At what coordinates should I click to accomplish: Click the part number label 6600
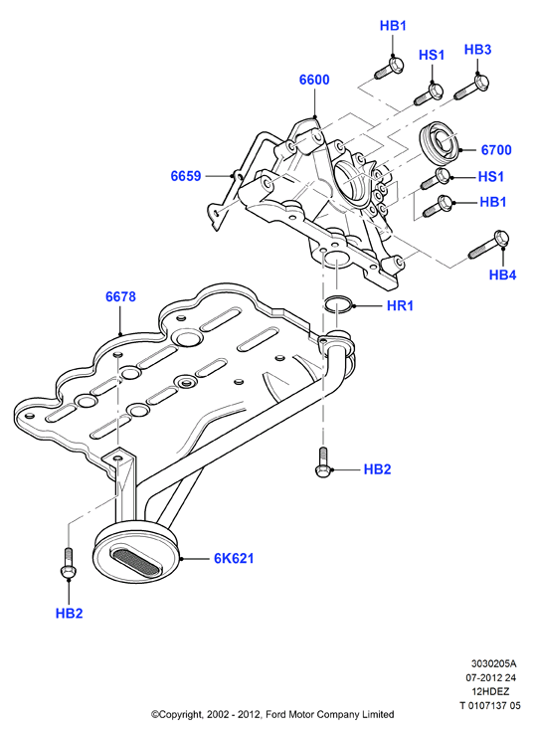pyautogui.click(x=314, y=80)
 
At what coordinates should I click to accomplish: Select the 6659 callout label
pyautogui.click(x=186, y=176)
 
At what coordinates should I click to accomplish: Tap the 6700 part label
pyautogui.click(x=496, y=150)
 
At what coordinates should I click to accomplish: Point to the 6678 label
pyautogui.click(x=120, y=296)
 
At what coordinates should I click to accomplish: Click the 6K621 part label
pyautogui.click(x=234, y=558)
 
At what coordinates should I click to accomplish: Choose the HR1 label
pyautogui.click(x=400, y=305)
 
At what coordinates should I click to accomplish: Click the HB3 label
pyautogui.click(x=477, y=49)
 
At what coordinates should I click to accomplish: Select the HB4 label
pyautogui.click(x=503, y=275)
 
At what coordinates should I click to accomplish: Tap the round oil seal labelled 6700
pyautogui.click(x=440, y=143)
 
